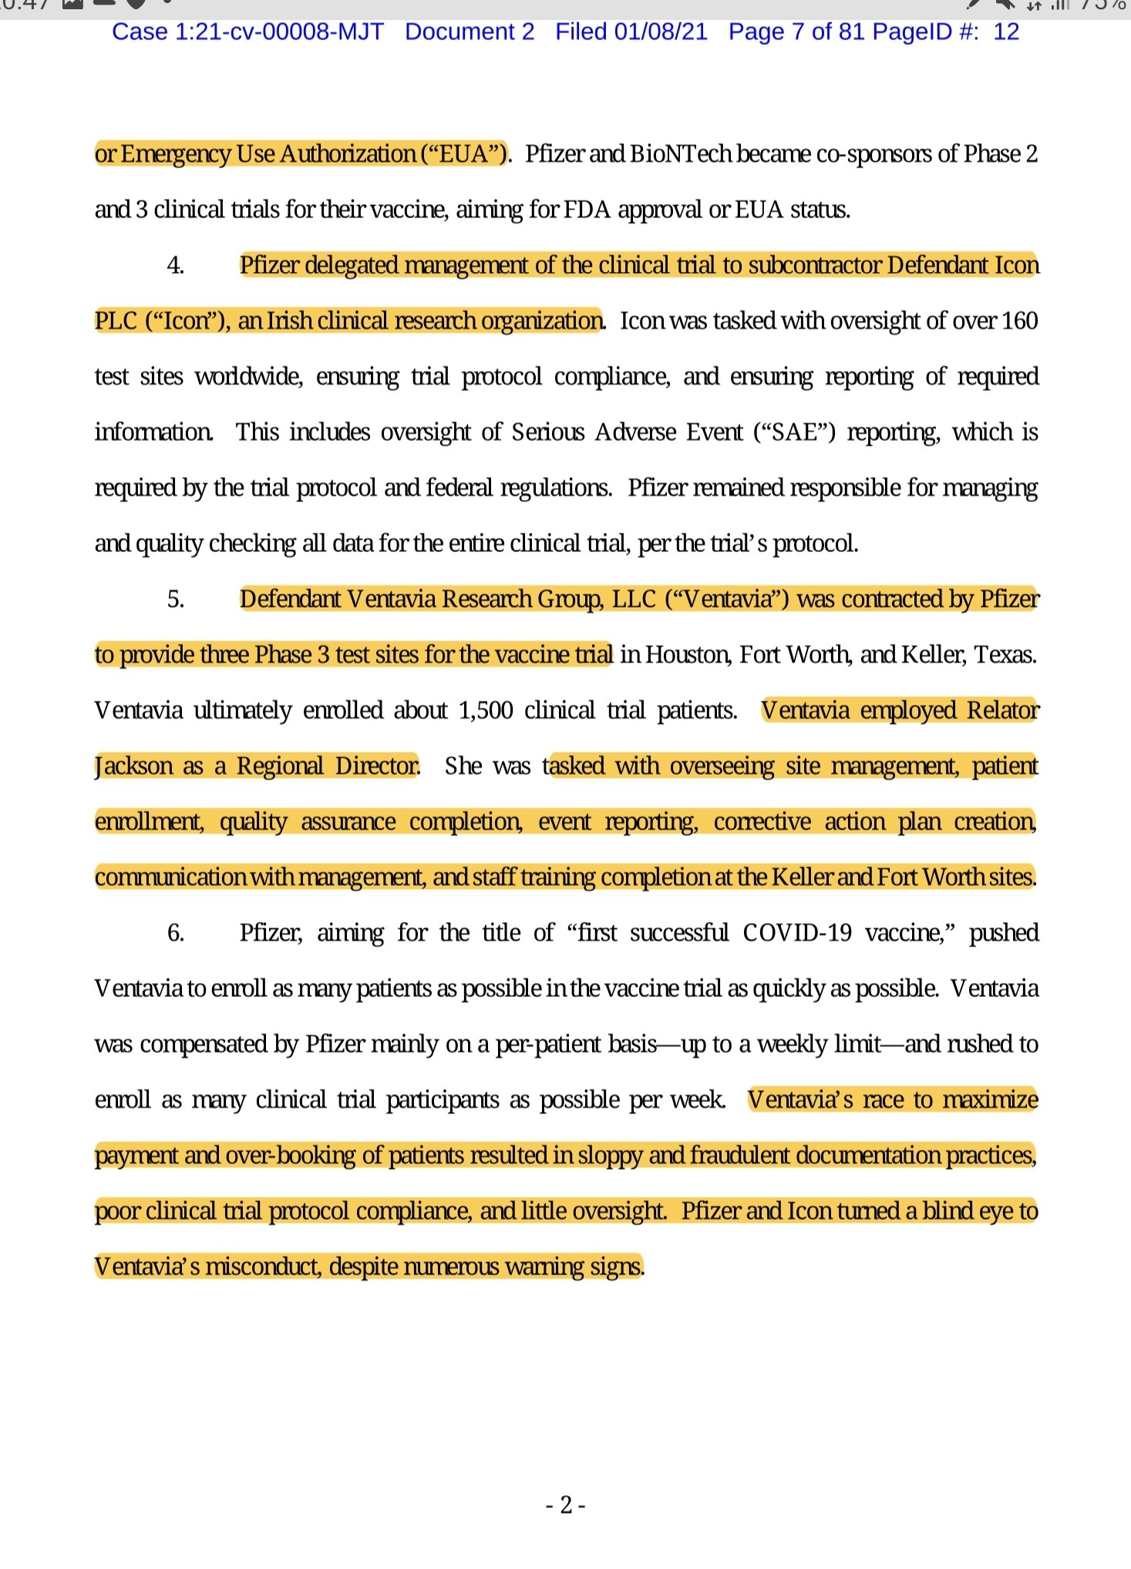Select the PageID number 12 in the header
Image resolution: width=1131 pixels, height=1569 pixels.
click(1006, 32)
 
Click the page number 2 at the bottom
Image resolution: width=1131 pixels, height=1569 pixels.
click(566, 1504)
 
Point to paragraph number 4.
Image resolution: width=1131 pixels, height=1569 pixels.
click(175, 265)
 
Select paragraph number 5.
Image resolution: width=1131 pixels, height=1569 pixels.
click(175, 599)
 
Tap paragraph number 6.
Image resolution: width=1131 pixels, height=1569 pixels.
click(175, 933)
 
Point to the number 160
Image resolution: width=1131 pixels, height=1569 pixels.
click(1019, 321)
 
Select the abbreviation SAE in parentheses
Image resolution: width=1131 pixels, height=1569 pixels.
click(794, 433)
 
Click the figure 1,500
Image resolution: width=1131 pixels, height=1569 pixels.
click(486, 710)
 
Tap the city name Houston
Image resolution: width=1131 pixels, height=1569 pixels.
click(687, 655)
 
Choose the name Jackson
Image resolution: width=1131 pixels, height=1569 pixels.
click(133, 766)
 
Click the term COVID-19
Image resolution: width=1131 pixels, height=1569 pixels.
click(797, 933)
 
